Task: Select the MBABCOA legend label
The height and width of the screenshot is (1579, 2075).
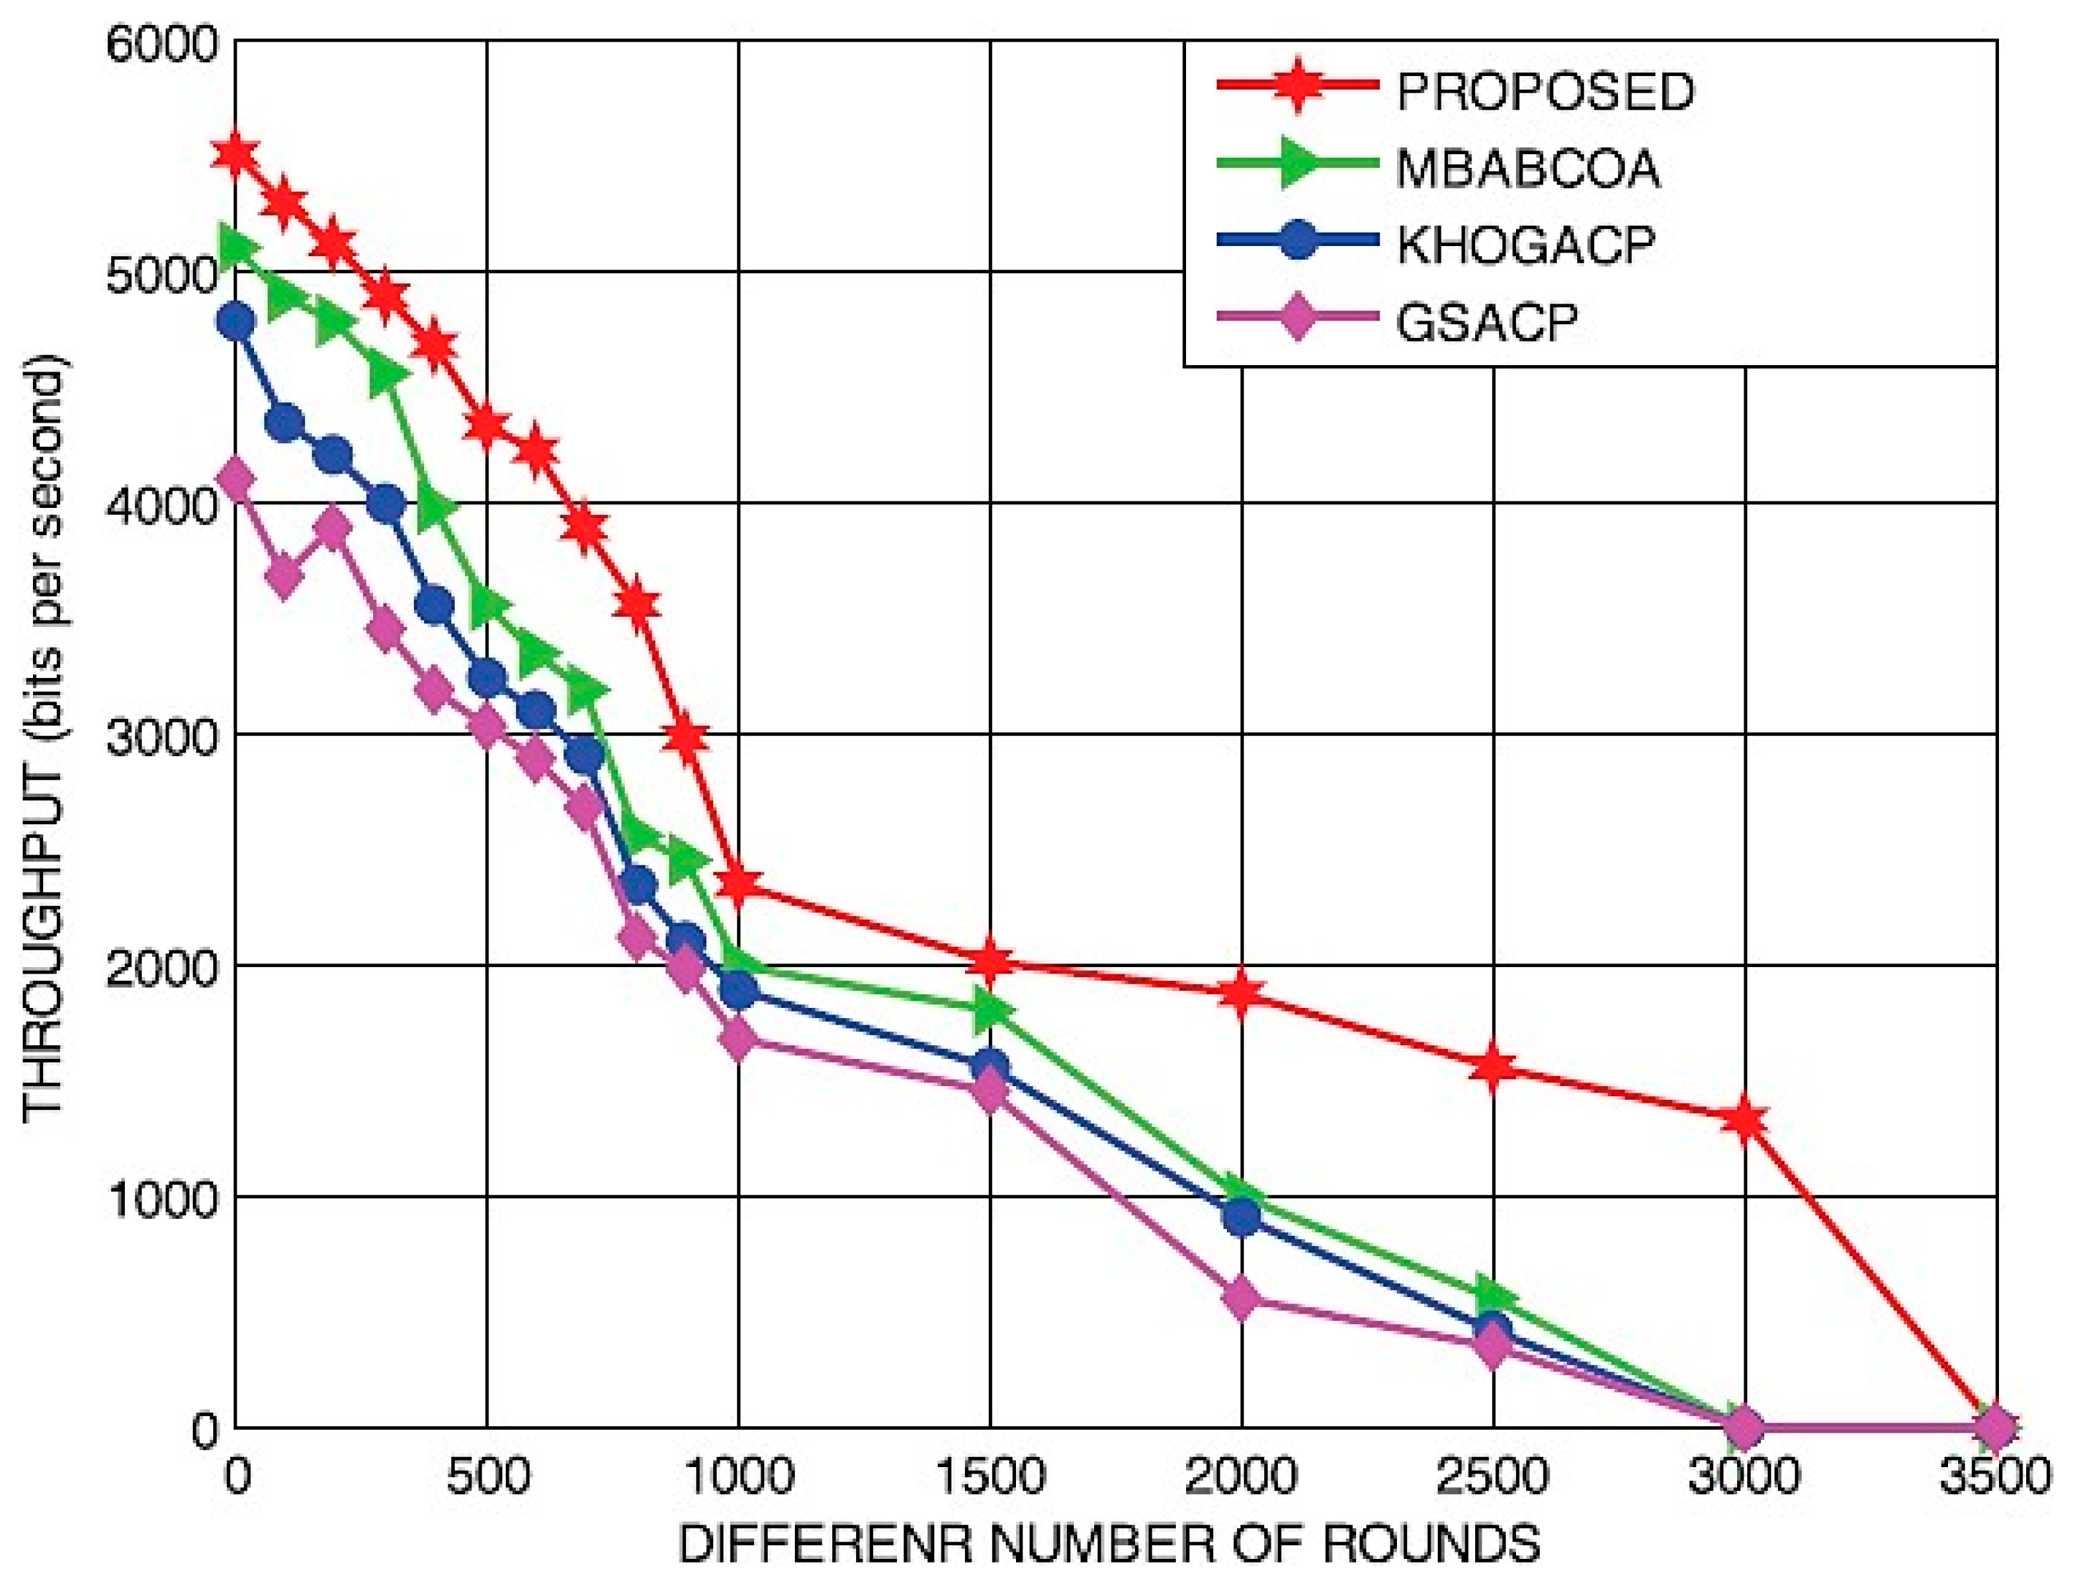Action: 1527,169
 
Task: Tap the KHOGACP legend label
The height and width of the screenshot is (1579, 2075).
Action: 1524,245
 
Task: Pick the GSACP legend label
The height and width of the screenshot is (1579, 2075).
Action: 1487,322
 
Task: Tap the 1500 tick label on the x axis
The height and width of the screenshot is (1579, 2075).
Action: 991,1476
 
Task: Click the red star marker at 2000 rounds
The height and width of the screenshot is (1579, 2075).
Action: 1241,994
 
